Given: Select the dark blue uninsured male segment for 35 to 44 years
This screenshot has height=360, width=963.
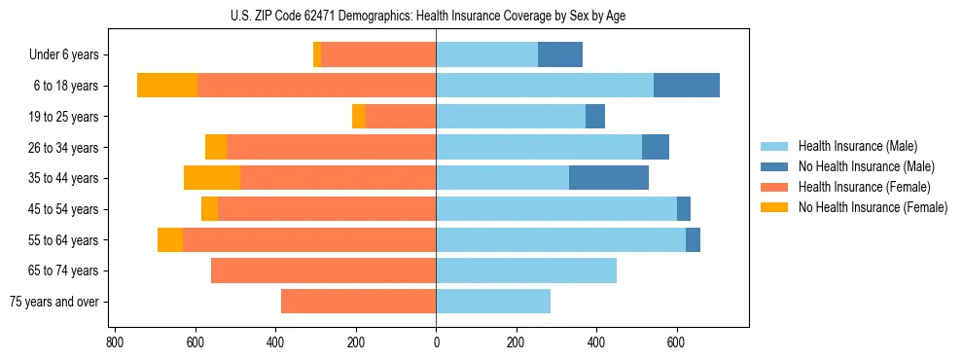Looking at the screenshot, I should pyautogui.click(x=609, y=178).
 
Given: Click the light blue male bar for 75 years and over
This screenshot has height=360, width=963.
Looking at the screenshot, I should pyautogui.click(x=493, y=302).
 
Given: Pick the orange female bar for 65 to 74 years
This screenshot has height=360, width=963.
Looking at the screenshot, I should pyautogui.click(x=323, y=270).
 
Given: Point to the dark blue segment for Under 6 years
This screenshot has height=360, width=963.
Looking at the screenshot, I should pyautogui.click(x=560, y=54).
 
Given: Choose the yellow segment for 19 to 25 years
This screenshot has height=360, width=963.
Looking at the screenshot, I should pyautogui.click(x=358, y=117).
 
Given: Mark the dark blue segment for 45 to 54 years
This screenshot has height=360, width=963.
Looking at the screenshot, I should pyautogui.click(x=684, y=209).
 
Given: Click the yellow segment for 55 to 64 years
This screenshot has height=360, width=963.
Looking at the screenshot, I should pyautogui.click(x=170, y=240).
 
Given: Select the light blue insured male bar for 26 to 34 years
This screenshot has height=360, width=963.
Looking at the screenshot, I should pyautogui.click(x=539, y=147).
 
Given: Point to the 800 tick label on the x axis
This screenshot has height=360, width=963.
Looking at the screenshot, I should pyautogui.click(x=114, y=342).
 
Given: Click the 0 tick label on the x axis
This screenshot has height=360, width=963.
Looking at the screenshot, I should pyautogui.click(x=436, y=342).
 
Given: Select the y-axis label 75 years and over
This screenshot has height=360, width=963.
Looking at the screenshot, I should pyautogui.click(x=54, y=302).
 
